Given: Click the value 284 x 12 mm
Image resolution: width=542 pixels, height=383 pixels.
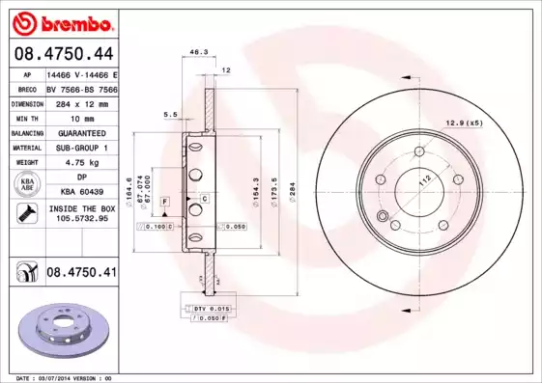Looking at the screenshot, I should click(81, 101).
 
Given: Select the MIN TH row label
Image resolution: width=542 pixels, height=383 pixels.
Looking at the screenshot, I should click(26, 117).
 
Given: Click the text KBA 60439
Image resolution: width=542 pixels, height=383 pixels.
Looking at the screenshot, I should click(81, 192).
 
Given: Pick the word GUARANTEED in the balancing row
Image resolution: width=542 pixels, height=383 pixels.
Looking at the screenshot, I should click(81, 132).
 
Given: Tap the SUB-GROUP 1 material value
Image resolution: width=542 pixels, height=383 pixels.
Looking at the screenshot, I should click(81, 148).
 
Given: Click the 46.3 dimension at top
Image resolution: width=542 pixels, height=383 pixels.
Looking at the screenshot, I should click(199, 51).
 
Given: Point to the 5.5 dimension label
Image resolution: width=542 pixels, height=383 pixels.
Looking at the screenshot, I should click(170, 114).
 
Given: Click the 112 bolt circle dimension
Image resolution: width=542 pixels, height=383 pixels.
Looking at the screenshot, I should click(423, 181).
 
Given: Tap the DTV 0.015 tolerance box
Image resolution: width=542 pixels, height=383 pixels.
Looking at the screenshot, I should click(204, 307).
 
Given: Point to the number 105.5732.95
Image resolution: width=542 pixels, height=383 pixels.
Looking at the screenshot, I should click(81, 219).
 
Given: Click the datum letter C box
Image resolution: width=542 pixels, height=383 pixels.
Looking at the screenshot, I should click(204, 198).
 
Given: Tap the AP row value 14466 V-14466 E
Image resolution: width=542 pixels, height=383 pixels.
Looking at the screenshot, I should click(81, 73).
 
